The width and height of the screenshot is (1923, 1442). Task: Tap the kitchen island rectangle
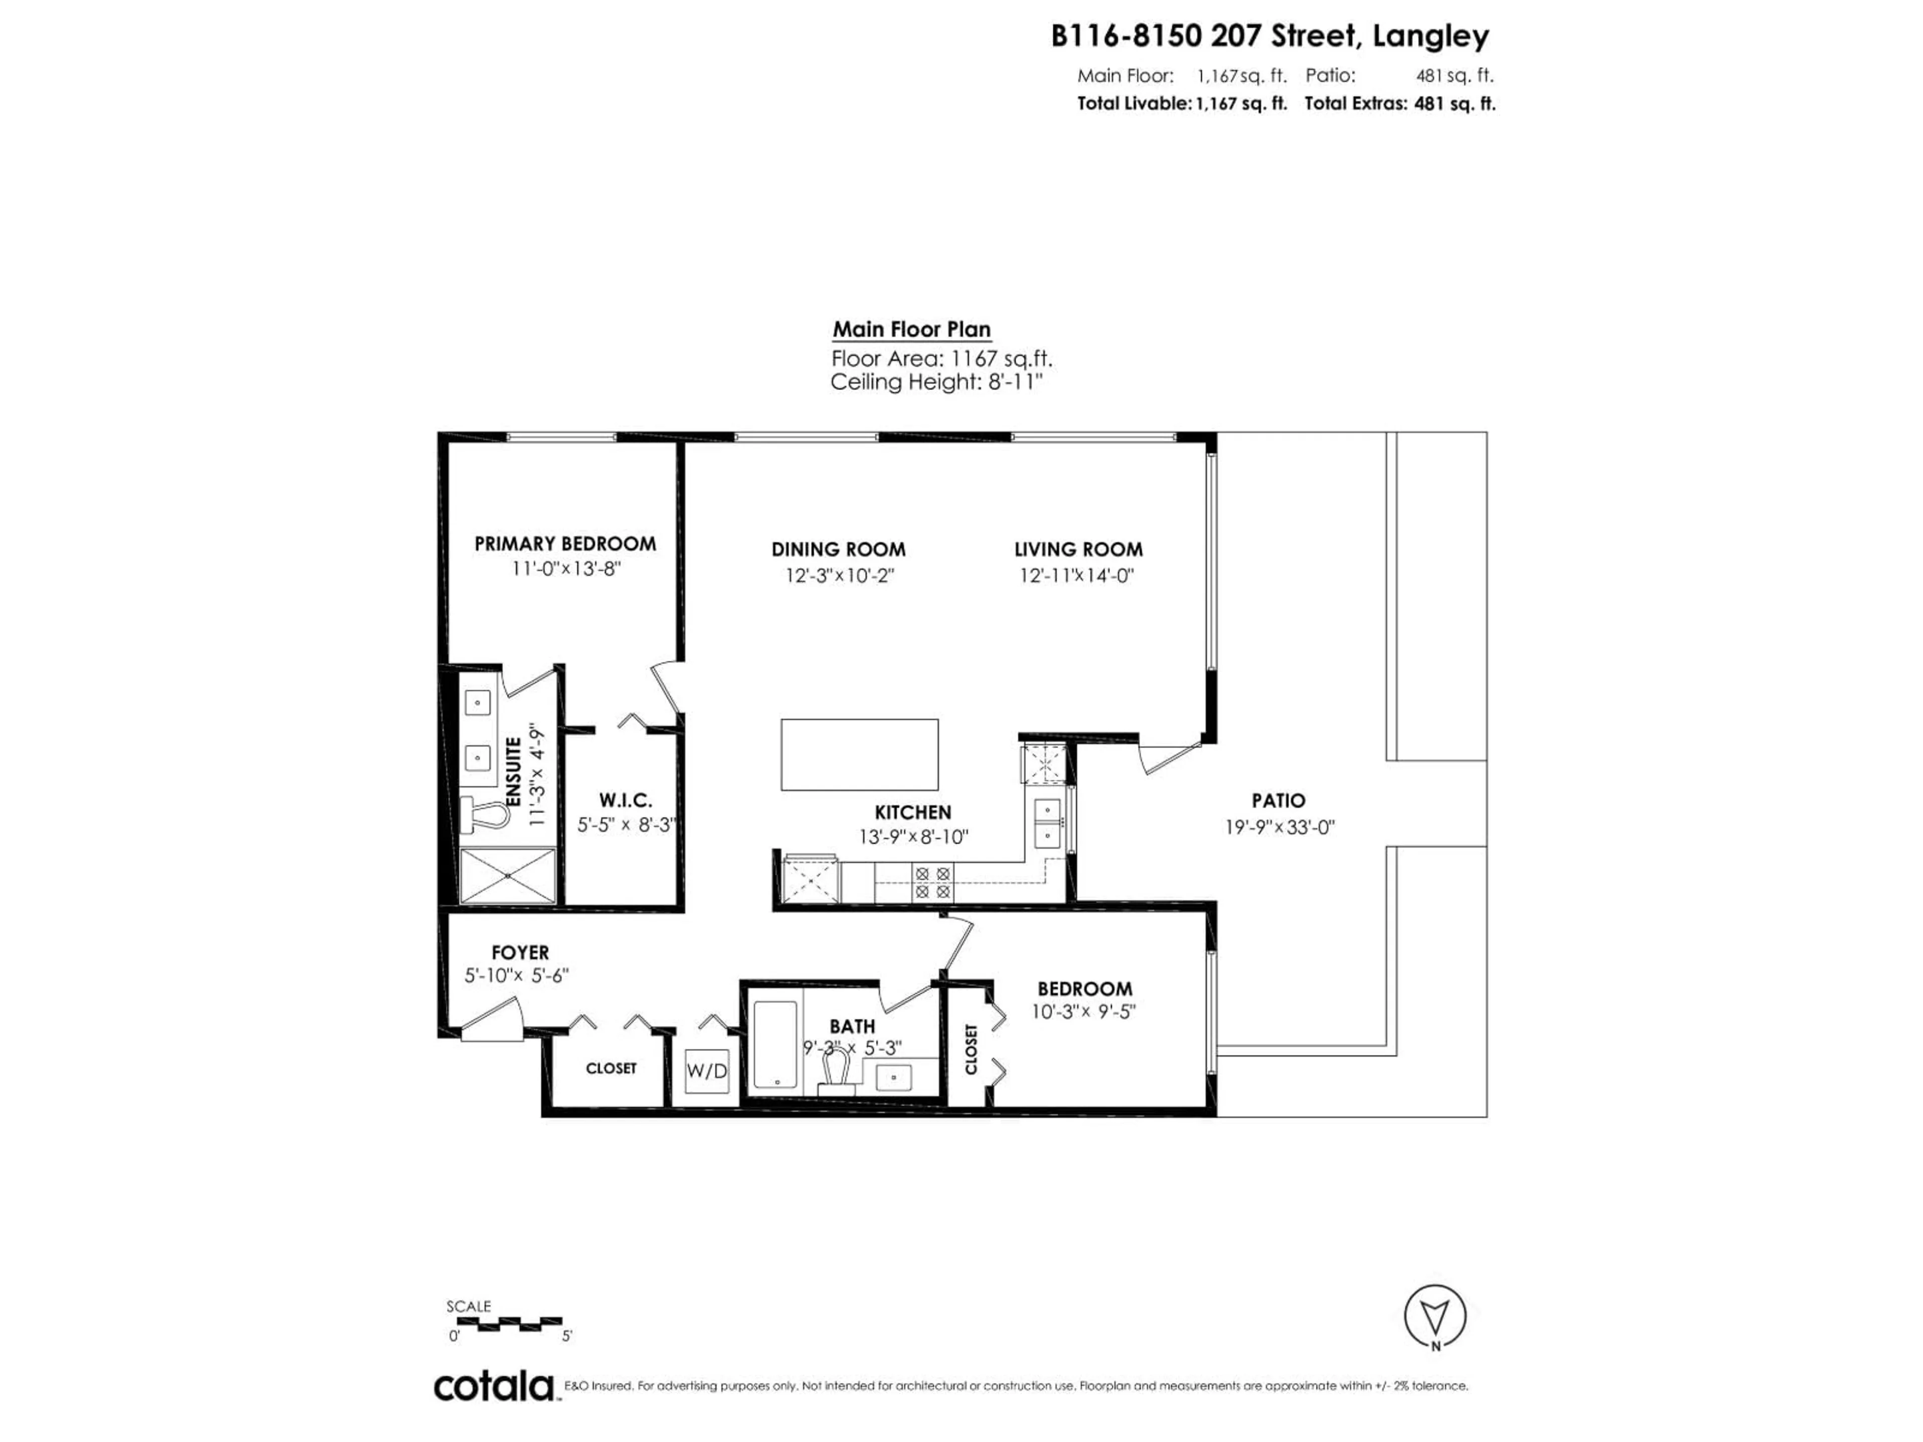tap(859, 755)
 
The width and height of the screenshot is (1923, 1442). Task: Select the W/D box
tap(707, 1071)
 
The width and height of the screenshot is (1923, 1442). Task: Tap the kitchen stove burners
tap(932, 882)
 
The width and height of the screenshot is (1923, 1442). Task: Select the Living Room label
tap(1078, 549)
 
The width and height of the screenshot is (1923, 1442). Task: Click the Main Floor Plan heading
tap(911, 329)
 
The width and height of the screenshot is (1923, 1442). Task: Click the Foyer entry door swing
tap(491, 1019)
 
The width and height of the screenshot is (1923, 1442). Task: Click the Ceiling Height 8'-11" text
tap(935, 382)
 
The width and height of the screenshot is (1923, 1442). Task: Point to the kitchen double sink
tap(1048, 823)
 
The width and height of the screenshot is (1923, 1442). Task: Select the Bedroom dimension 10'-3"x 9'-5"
tap(1084, 1012)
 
